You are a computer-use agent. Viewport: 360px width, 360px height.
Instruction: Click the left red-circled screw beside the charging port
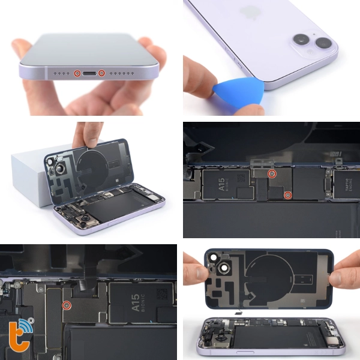point(77,73)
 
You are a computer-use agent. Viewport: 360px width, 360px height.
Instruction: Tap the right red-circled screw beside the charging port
point(101,73)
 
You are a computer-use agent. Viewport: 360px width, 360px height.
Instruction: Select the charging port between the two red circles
point(89,73)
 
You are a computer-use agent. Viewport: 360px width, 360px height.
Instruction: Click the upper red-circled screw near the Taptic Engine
point(271,174)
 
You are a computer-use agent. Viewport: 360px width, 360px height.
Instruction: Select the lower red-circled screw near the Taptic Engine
point(288,194)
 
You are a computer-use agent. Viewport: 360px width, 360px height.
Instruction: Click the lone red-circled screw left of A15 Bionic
point(67,305)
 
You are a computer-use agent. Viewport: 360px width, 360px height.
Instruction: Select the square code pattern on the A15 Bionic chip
point(161,295)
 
